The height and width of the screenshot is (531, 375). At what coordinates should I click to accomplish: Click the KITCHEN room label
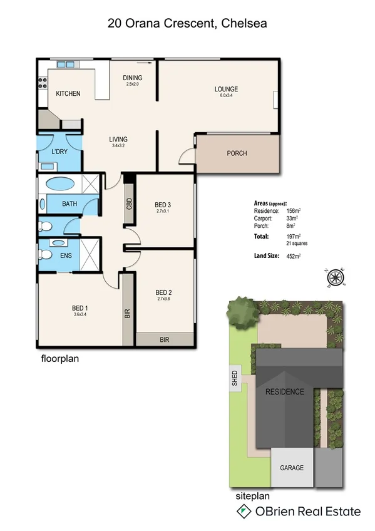click(x=68, y=94)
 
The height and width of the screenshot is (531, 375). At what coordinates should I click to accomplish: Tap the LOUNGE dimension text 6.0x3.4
click(x=225, y=96)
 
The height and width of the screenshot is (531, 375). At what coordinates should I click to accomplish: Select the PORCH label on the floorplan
click(x=237, y=153)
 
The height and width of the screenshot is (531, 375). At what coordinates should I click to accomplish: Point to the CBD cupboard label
click(x=130, y=204)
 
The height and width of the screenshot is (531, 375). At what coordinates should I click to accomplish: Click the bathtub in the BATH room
click(x=60, y=185)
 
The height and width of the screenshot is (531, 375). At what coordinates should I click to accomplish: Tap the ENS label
click(x=66, y=255)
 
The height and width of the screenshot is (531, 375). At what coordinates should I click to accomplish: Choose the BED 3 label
click(x=162, y=205)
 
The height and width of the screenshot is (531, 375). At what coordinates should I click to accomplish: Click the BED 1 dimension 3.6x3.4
click(x=80, y=314)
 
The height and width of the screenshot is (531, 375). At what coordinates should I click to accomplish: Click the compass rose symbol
click(x=336, y=277)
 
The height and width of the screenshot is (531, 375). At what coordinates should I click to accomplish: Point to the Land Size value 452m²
click(x=293, y=256)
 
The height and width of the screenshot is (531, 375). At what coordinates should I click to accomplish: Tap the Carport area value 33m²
click(x=292, y=219)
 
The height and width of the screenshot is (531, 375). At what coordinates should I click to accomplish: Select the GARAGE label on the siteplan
click(x=291, y=468)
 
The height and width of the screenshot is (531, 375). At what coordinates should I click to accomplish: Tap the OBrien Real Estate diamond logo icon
click(x=242, y=512)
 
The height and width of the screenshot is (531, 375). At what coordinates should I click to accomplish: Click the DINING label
click(x=132, y=78)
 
